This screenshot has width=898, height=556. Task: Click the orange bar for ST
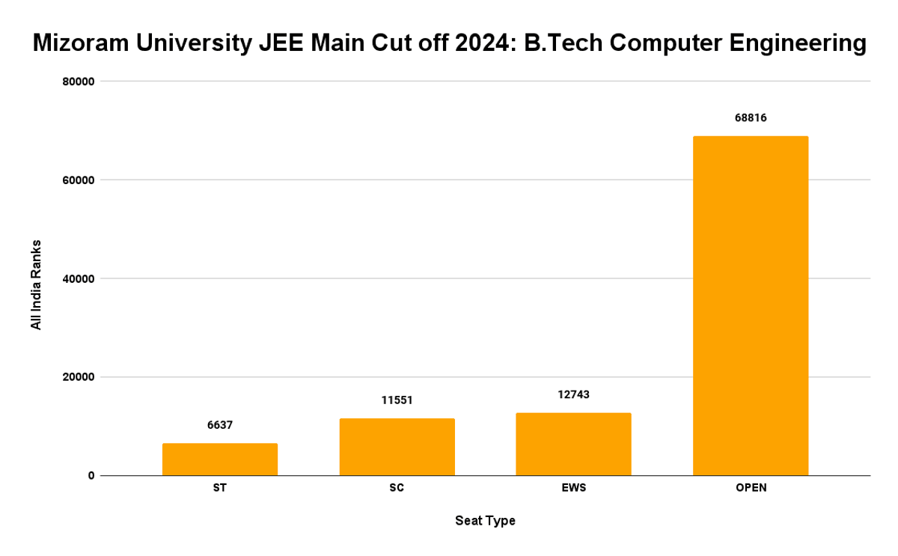(220, 459)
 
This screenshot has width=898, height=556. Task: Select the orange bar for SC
(397, 447)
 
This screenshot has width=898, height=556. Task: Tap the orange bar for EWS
(573, 444)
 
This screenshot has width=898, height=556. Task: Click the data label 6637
(220, 425)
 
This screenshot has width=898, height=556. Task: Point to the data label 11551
(397, 400)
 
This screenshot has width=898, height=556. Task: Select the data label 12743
(573, 394)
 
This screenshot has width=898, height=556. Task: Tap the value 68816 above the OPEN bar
(750, 117)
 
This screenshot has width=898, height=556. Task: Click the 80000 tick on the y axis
(77, 82)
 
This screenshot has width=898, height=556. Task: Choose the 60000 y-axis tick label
(77, 180)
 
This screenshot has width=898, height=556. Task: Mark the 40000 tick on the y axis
(77, 278)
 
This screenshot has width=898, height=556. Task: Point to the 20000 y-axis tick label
(77, 377)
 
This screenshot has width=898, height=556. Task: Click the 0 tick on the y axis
(91, 476)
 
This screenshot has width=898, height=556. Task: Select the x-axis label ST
(220, 488)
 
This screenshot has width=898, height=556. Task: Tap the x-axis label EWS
(573, 488)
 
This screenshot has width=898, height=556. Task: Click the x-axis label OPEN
(750, 488)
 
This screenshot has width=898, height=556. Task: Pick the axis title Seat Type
(485, 520)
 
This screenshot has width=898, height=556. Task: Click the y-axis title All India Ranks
(35, 285)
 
